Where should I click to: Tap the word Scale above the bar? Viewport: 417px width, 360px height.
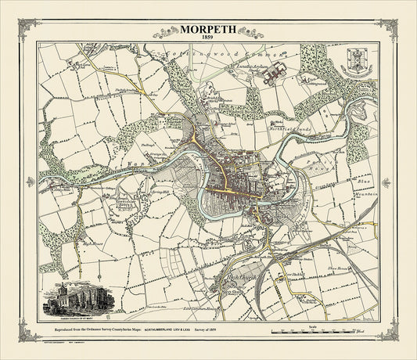coord(314,324)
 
